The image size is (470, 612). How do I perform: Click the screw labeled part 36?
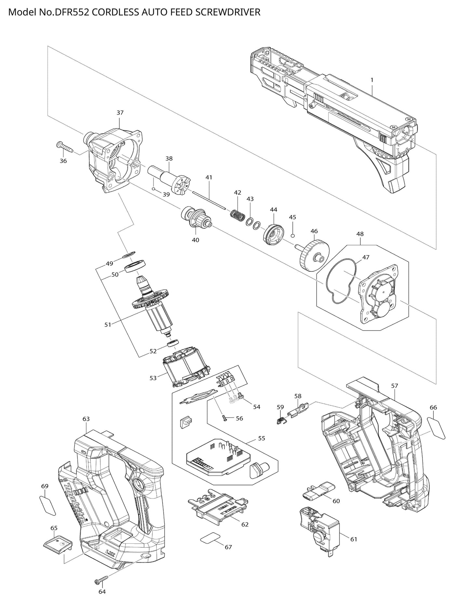(65, 147)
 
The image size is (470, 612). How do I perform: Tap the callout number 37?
(120, 113)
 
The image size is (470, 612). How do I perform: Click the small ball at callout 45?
(292, 235)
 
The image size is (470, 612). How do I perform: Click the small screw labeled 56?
(224, 418)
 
